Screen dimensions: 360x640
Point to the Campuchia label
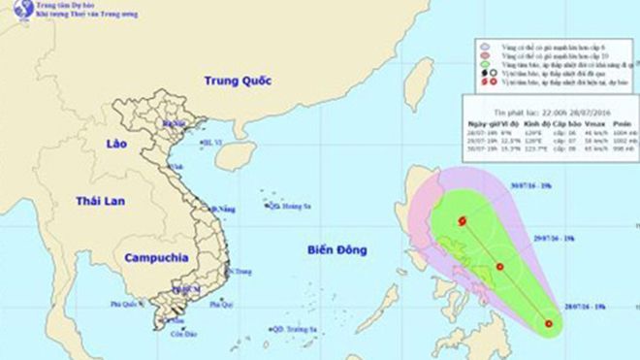(x=154, y=259)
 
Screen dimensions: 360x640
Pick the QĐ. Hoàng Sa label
(x=291, y=207)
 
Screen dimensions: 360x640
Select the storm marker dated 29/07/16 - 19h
(x=499, y=267)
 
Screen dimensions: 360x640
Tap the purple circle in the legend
(x=483, y=45)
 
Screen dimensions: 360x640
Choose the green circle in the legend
(x=483, y=62)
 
